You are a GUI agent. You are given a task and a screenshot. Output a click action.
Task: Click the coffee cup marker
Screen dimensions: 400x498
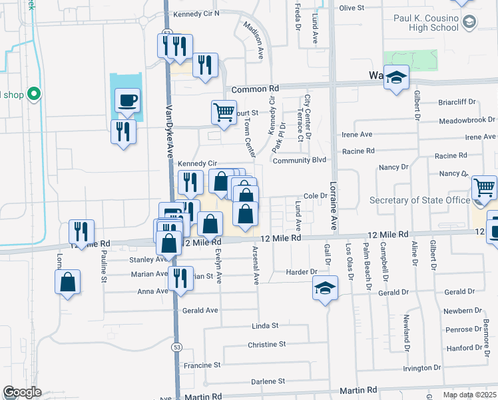(x=128, y=101)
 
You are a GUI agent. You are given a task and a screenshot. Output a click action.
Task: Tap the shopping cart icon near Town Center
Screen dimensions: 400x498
(x=224, y=111)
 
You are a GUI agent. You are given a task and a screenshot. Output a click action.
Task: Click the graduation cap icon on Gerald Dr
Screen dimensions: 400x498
(x=325, y=288)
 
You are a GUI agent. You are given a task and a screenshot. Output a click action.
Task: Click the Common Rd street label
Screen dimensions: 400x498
(x=255, y=89)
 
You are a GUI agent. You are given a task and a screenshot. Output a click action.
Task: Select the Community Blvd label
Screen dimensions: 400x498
(x=300, y=160)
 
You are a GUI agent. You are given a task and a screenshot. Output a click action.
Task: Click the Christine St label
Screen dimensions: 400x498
(x=266, y=344)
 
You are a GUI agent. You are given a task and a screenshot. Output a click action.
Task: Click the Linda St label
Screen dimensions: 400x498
(x=264, y=326)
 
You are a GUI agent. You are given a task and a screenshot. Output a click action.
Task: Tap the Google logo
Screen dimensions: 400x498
(x=22, y=392)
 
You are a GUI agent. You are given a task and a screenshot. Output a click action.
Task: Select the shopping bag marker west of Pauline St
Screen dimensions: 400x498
(x=67, y=282)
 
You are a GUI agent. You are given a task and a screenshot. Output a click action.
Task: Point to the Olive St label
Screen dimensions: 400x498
(x=352, y=8)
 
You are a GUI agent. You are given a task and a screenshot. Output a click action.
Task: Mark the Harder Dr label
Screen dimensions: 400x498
(x=302, y=272)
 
